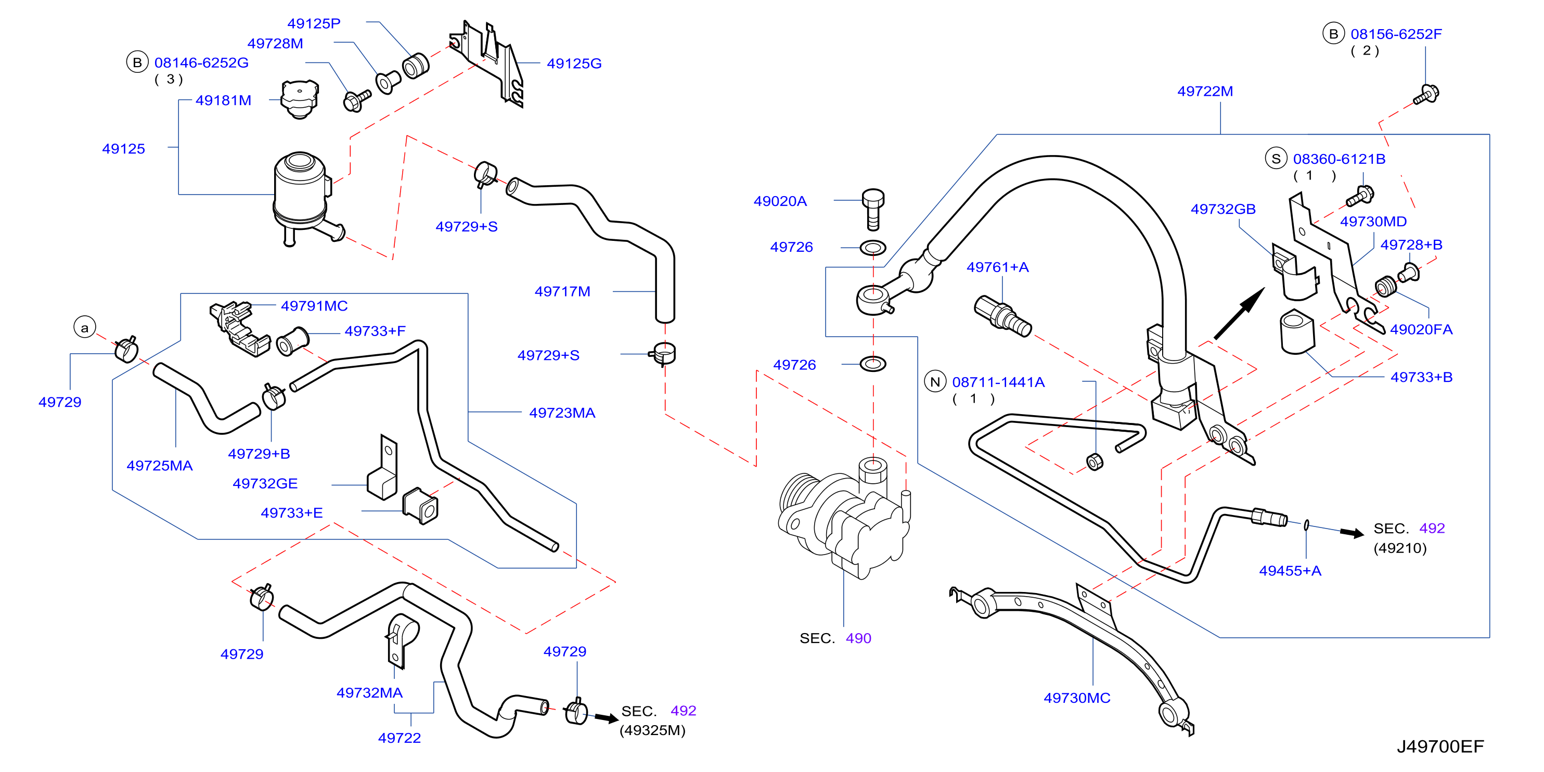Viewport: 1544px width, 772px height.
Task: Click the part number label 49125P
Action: coord(314,23)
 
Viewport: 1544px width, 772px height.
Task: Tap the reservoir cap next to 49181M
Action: coord(300,99)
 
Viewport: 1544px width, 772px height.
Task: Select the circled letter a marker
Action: coord(84,327)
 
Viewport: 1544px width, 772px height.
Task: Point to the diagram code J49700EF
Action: coord(1440,746)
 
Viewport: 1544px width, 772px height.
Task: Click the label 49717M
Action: coord(562,291)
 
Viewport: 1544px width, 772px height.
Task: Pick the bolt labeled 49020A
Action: coord(873,209)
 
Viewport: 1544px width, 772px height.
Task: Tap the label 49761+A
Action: coord(997,267)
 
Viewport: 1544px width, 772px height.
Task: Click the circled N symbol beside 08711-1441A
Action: coord(935,381)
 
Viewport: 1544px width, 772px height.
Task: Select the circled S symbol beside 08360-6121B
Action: coord(1276,158)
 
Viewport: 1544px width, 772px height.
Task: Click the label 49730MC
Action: coord(1076,698)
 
